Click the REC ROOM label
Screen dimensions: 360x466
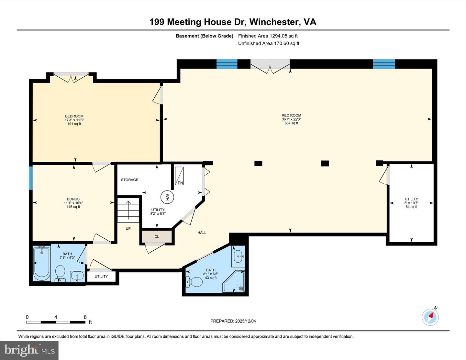tap(291, 115)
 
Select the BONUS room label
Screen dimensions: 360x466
tap(73, 199)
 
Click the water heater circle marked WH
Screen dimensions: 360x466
tap(167, 197)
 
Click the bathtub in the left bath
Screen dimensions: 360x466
tap(42, 263)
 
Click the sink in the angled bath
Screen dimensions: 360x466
tap(239, 256)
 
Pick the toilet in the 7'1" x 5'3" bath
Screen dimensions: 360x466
tap(60, 273)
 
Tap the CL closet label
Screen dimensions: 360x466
tap(157, 237)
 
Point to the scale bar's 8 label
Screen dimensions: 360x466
tap(85, 317)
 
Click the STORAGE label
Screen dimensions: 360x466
tap(129, 180)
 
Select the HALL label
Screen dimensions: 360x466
tap(202, 233)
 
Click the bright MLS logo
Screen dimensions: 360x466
tap(29, 350)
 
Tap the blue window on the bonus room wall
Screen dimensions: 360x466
tap(31, 178)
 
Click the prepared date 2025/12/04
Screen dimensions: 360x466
tap(233, 321)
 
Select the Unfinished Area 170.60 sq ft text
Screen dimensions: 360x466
tap(269, 43)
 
